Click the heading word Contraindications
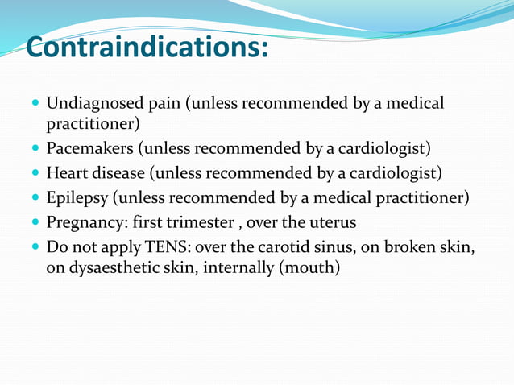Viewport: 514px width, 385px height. pos(147,48)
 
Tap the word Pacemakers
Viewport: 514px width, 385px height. pos(88,149)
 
